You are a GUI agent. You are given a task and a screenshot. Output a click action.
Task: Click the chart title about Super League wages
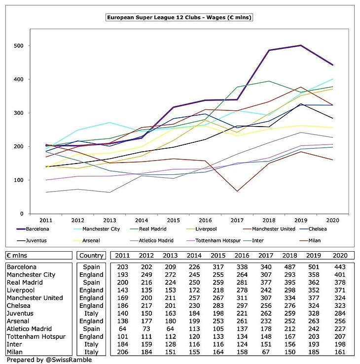(x=179, y=17)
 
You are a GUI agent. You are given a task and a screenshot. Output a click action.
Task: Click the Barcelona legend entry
(x=33, y=229)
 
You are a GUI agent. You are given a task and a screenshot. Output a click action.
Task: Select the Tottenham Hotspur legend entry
(x=214, y=240)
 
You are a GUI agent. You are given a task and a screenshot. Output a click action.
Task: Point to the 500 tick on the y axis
(x=19, y=46)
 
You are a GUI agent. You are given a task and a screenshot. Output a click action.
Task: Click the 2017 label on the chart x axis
(x=237, y=220)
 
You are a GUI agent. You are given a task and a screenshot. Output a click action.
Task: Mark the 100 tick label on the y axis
(x=19, y=180)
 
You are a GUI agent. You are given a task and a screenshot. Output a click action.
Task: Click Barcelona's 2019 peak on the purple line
(x=301, y=45)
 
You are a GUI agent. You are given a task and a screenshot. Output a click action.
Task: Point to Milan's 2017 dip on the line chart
(x=237, y=191)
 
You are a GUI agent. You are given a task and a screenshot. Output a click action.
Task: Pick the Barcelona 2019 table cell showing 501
(x=314, y=267)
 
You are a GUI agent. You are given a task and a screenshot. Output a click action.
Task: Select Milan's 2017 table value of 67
(x=266, y=352)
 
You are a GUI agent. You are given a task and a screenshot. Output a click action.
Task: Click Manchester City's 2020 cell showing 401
(x=340, y=275)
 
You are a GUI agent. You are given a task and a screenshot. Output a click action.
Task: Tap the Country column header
(x=91, y=255)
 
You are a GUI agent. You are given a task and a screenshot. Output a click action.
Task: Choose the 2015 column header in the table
(x=218, y=255)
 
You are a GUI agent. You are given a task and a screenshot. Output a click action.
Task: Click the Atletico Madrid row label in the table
(x=29, y=329)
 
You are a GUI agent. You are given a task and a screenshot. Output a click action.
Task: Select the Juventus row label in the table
(x=20, y=313)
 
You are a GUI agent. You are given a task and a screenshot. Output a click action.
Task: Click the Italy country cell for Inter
(x=91, y=344)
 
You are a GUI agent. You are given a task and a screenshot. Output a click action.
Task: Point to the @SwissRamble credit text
(x=69, y=360)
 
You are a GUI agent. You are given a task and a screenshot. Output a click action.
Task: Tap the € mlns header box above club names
(x=39, y=255)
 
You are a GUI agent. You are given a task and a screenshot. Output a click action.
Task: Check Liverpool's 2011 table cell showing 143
(x=122, y=290)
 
